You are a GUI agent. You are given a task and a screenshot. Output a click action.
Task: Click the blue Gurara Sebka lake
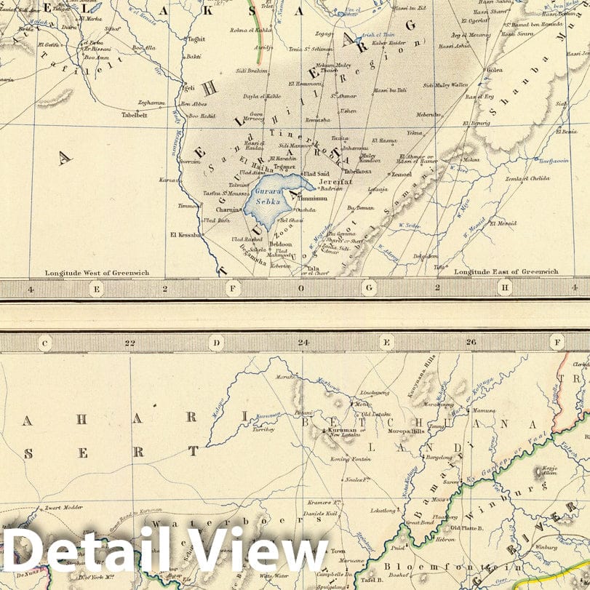[x=271, y=196]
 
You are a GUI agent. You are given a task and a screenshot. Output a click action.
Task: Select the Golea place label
[x=495, y=70]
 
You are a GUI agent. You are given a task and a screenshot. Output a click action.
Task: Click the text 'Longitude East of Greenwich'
[x=506, y=271]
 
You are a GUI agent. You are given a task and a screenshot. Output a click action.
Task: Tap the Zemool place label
[x=402, y=175]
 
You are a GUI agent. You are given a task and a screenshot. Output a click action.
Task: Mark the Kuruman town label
[x=341, y=430]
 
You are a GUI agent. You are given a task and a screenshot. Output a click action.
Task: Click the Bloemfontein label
[x=423, y=567]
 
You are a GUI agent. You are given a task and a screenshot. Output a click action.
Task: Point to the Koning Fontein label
[x=351, y=459]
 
